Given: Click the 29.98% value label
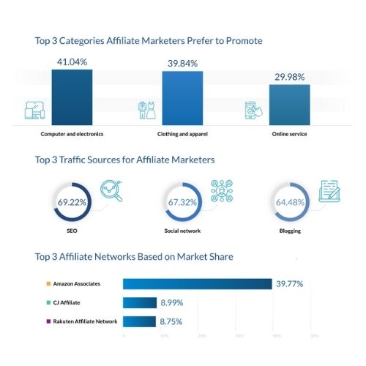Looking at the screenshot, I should click(x=289, y=78).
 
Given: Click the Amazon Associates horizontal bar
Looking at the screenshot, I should click(x=198, y=284).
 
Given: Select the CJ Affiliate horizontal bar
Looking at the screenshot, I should click(x=140, y=302).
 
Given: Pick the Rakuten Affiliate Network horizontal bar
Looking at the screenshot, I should click(x=139, y=321).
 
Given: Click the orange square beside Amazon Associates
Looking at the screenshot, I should click(x=47, y=283).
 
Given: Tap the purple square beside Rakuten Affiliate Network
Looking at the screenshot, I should click(x=47, y=321).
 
